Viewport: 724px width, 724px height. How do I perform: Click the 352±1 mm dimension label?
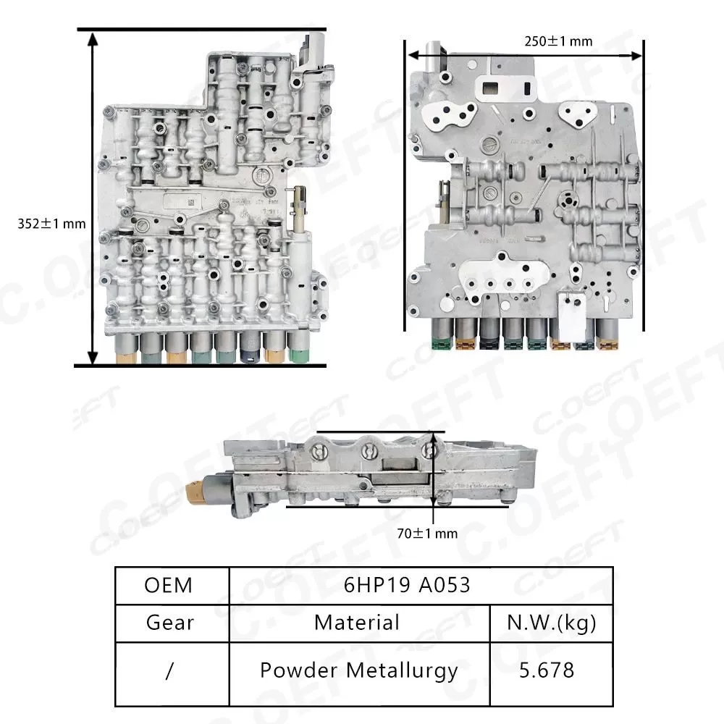click(x=51, y=224)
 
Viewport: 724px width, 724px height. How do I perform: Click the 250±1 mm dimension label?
click(x=558, y=41)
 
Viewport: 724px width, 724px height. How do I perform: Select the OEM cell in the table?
click(x=169, y=585)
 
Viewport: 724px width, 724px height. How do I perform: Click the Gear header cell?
click(x=169, y=622)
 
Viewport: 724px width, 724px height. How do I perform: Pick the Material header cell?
click(x=357, y=622)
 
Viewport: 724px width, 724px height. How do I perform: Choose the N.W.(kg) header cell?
click(x=552, y=622)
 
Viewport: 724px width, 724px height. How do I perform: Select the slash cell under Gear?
click(x=169, y=670)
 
